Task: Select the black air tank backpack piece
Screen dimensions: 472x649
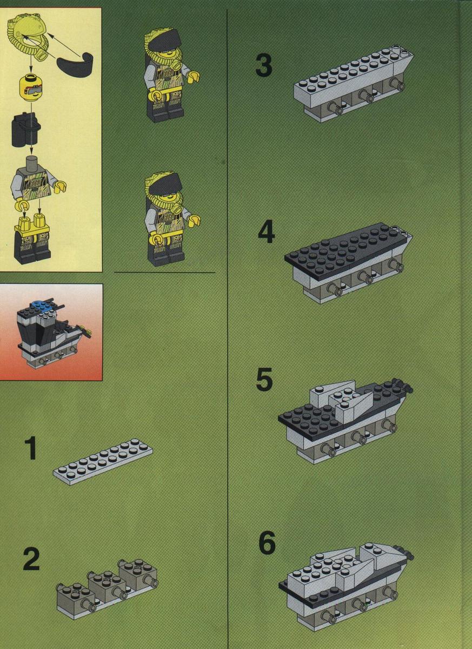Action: tap(25, 128)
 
